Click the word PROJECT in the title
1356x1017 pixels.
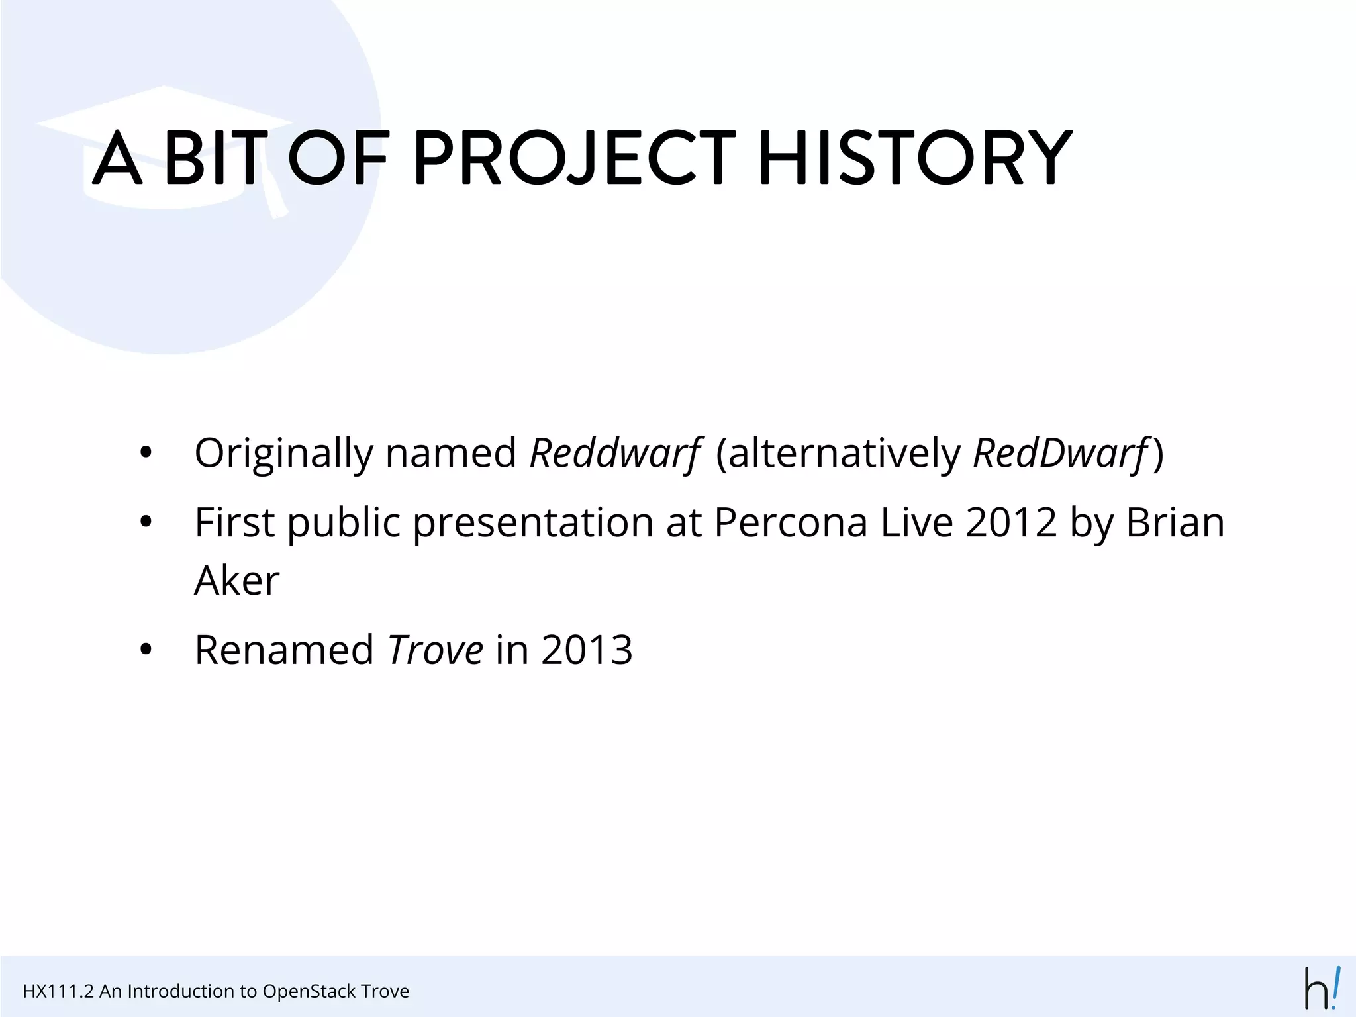pos(573,159)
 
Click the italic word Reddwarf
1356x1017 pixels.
pos(614,454)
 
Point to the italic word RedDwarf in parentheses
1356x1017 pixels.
pos(1061,454)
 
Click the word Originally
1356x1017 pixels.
pos(284,454)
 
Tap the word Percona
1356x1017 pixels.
pos(791,522)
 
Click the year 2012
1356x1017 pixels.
pos(1011,522)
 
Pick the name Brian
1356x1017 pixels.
pos(1175,522)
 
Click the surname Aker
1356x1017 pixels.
pos(236,581)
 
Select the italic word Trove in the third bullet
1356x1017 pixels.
pos(436,650)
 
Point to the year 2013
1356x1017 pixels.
pos(587,650)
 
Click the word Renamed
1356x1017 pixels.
pos(284,650)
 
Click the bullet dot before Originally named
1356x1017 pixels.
pos(146,455)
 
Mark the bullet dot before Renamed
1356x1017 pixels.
pos(146,650)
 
